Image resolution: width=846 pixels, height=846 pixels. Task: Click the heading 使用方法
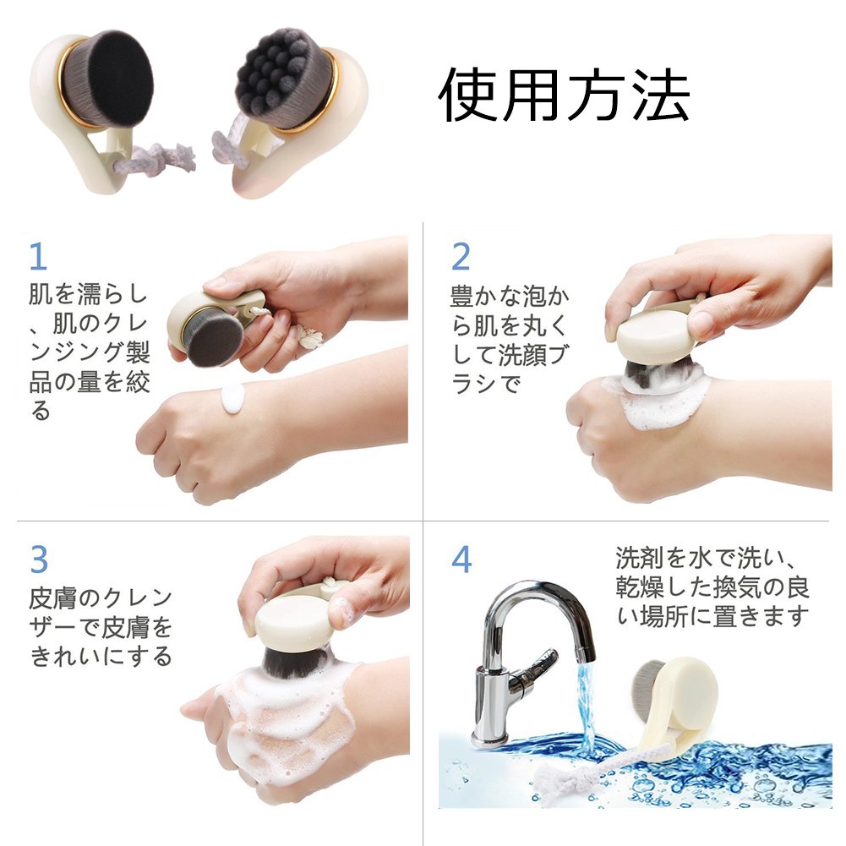tap(564, 96)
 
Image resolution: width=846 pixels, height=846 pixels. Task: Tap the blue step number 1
tap(38, 256)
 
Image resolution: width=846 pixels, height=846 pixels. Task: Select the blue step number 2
tap(461, 257)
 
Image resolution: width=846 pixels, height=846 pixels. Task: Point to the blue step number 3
tap(39, 559)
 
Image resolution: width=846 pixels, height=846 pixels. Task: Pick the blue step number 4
tap(461, 559)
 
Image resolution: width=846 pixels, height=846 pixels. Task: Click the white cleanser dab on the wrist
tap(233, 399)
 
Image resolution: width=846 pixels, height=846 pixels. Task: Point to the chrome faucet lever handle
tap(534, 669)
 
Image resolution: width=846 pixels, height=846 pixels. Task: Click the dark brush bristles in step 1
tap(214, 339)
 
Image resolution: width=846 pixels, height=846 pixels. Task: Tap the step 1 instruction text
tap(89, 351)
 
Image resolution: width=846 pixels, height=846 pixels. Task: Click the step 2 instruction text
tap(510, 340)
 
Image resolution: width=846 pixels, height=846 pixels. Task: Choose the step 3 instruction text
tap(101, 627)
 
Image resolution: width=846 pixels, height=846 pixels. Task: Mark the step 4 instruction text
tap(712, 587)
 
